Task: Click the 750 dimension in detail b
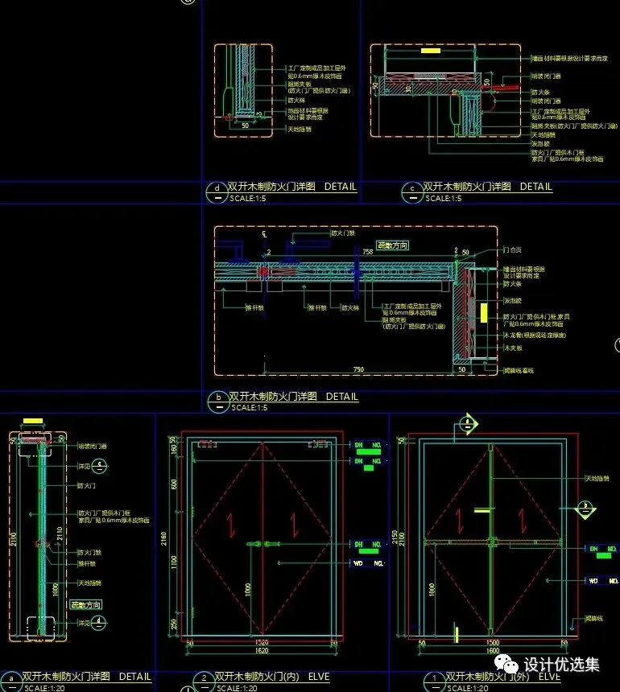pos(358,369)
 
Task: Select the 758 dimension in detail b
pos(367,252)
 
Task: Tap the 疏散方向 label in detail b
pos(393,245)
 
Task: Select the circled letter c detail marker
pos(412,191)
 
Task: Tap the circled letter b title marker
pos(217,401)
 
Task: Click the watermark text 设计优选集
pos(561,665)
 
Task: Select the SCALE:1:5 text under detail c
pos(443,198)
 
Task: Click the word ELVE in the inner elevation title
pos(316,677)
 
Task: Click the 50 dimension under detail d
pos(246,126)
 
